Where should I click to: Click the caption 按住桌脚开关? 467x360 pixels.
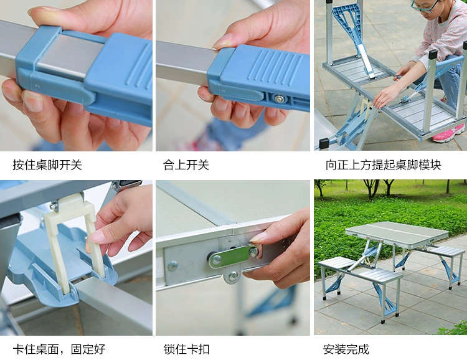[47, 165]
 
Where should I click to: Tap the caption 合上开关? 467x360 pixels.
[186, 165]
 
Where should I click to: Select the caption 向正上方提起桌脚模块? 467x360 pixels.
[383, 165]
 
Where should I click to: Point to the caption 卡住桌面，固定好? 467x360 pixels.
[59, 349]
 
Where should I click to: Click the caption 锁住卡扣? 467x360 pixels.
[186, 349]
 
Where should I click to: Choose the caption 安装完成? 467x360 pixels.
[346, 349]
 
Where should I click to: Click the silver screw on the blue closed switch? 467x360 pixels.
[279, 98]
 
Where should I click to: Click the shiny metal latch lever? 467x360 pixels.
[232, 257]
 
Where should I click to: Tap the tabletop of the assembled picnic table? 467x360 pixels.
[397, 232]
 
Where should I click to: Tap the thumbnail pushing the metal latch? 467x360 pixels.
[258, 237]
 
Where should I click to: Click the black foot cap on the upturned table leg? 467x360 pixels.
[324, 143]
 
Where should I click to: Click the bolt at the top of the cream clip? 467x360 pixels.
[54, 206]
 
